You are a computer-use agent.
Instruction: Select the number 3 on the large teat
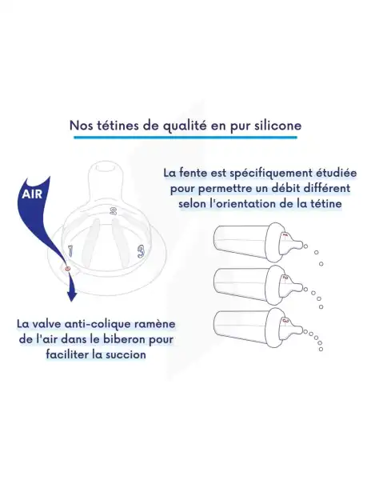coord(141,251)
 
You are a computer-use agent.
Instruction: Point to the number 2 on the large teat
coord(114,212)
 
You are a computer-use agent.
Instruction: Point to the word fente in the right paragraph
coord(194,172)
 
